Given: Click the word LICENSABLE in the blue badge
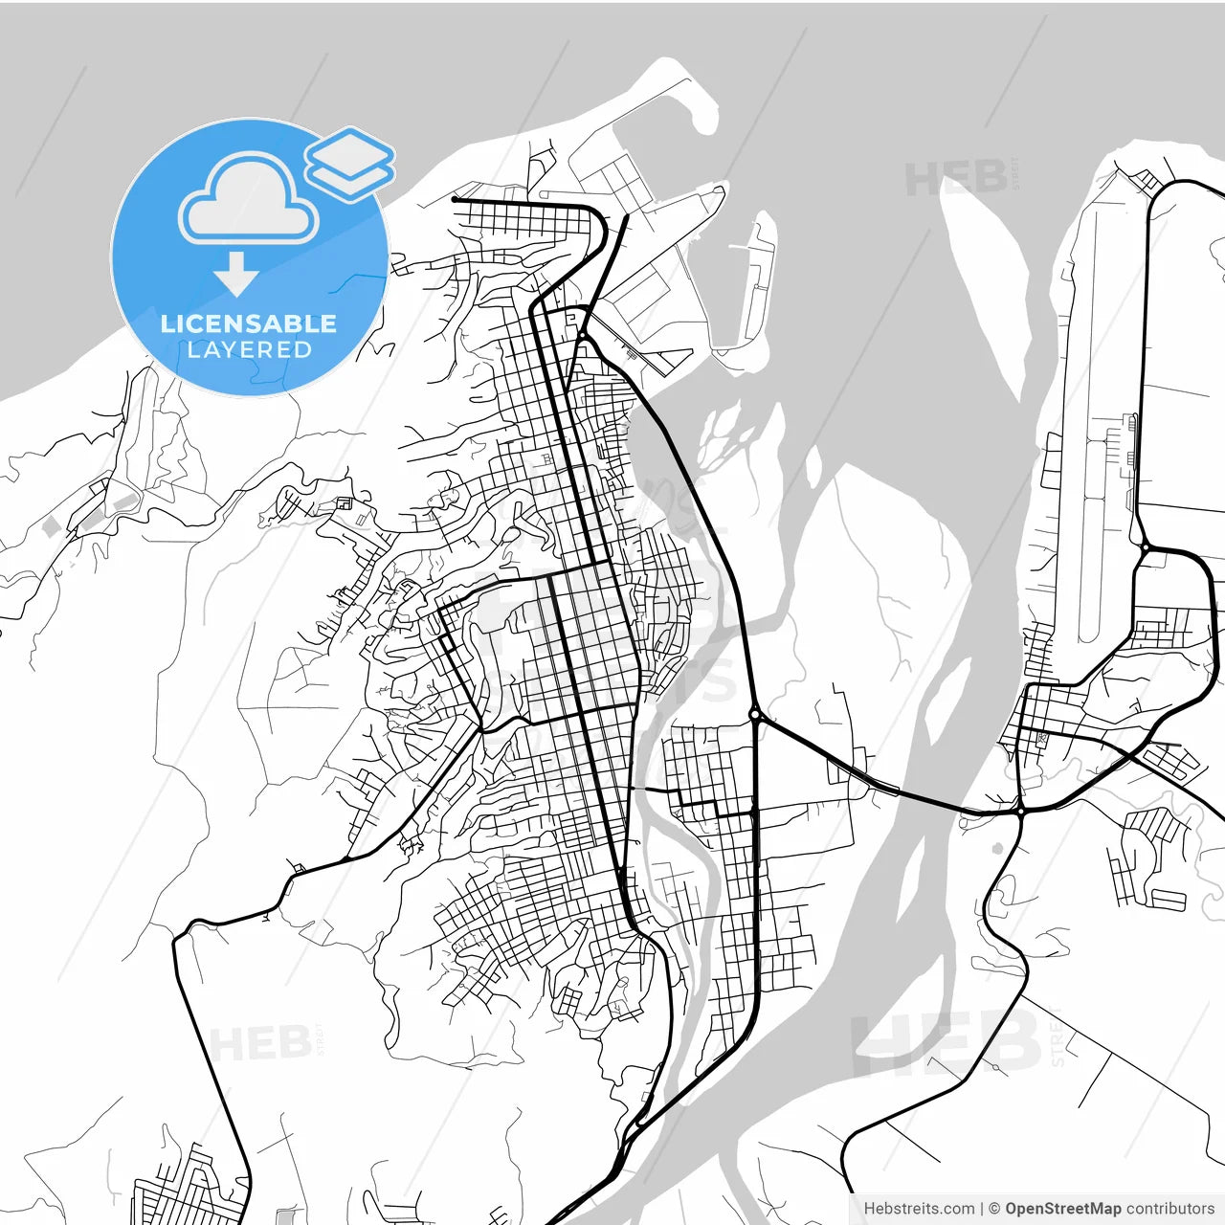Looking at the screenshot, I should [249, 323].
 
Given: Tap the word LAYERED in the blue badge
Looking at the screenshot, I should [249, 349].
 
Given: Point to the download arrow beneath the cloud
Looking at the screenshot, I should [236, 274].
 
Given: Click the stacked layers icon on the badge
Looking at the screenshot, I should [349, 163].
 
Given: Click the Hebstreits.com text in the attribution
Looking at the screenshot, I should [919, 1209].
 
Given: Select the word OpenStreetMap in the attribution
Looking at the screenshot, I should [1062, 1209].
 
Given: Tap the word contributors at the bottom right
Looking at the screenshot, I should [1169, 1209].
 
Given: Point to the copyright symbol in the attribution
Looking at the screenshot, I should [994, 1209].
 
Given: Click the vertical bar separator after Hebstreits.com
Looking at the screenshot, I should [983, 1209].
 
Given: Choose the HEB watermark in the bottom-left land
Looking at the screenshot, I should [260, 1043].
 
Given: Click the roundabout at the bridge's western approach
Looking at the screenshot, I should [755, 714].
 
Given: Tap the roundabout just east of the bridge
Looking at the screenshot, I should [1021, 811].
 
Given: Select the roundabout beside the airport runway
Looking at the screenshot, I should [1145, 547].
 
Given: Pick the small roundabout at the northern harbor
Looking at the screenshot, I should [582, 335].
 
